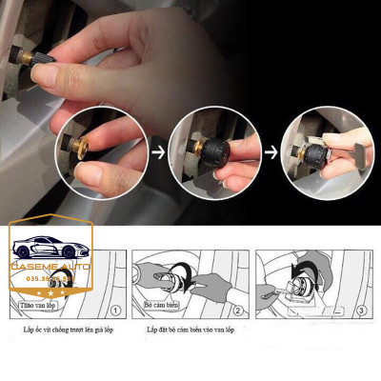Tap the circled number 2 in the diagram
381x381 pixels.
click(238, 309)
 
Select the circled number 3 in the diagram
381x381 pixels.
click(363, 309)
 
